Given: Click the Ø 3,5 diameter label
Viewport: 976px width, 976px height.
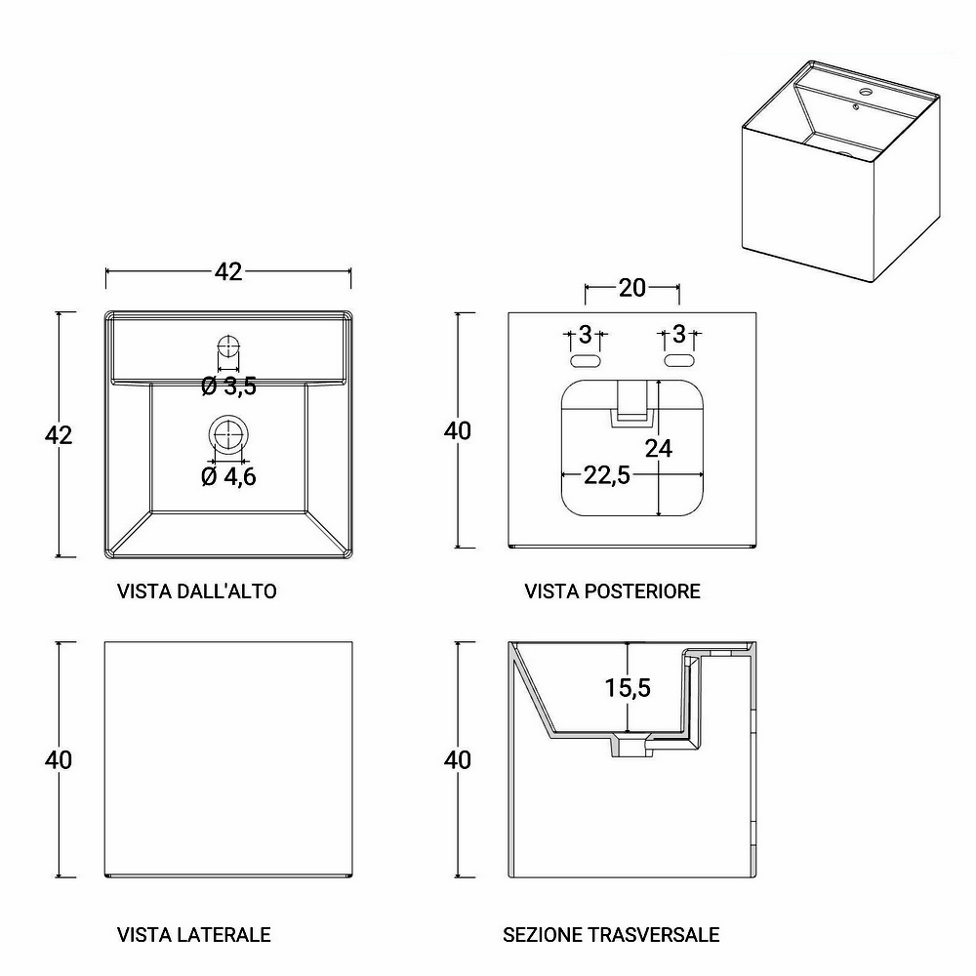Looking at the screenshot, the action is pos(228,386).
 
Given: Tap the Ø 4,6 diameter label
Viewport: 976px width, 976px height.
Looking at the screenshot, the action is pos(228,477).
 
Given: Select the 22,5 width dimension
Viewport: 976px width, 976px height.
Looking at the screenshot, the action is pos(607,475).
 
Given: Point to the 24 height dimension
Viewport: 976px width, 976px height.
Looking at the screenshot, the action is pos(659,448).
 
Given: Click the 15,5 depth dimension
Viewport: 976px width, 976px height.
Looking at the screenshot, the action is pos(628,687).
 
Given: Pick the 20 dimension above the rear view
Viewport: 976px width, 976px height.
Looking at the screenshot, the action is pos(631,288).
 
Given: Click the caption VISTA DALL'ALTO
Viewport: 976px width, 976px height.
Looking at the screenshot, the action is pos(197,590).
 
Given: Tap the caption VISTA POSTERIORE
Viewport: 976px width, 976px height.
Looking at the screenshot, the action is pos(613,590).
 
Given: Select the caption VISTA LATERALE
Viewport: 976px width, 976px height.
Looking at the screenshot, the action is pos(193,934).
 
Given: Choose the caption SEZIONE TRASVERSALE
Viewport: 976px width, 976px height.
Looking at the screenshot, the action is pos(611,934).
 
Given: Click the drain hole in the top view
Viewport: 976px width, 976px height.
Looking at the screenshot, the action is pos(228,433).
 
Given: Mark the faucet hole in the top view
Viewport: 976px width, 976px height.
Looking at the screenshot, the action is pos(228,346).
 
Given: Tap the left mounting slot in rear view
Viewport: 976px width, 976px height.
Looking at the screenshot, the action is pos(586,360).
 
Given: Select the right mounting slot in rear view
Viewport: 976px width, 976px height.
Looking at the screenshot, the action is pos(679,360).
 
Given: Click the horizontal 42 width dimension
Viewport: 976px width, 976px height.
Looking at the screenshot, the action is pos(228,271).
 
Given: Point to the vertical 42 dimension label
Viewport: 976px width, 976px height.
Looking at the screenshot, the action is pos(59,434).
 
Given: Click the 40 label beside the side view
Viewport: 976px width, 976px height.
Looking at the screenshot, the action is pos(59,759).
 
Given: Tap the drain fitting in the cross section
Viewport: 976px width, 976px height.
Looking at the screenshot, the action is pos(631,745).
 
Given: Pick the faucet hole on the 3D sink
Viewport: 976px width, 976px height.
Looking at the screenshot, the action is pos(866,93).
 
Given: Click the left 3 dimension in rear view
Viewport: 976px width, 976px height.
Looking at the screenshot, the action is pos(585,334).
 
